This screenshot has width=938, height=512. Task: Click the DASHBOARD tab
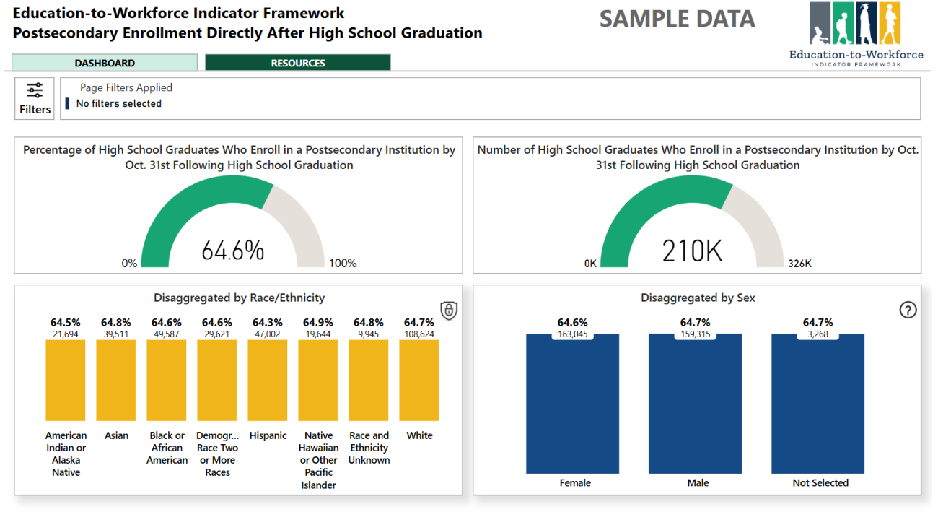[105, 63]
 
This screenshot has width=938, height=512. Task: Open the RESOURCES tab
[297, 63]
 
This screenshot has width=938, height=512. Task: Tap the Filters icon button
[35, 98]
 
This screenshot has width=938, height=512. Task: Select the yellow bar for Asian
[116, 380]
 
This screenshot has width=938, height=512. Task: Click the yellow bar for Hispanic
[268, 380]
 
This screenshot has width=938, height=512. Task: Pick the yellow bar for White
[419, 380]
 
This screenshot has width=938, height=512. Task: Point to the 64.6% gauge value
[232, 251]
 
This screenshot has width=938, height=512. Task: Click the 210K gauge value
[692, 251]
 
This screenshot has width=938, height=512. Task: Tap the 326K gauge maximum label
[799, 264]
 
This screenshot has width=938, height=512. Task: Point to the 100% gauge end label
[343, 264]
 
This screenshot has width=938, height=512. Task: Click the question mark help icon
[908, 310]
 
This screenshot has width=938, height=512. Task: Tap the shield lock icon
[449, 311]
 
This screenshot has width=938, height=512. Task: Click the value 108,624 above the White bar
[419, 334]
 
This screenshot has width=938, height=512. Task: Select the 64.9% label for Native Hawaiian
[318, 323]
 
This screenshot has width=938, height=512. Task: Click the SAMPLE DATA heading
[677, 19]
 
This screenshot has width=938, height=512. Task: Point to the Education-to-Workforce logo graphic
[856, 25]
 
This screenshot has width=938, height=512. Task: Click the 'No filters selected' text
[119, 103]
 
